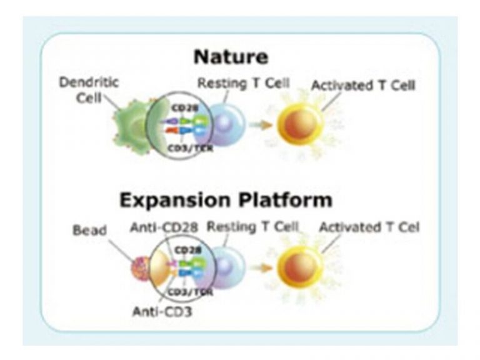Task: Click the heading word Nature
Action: [231, 57]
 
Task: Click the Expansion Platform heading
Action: [226, 201]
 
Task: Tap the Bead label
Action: [89, 230]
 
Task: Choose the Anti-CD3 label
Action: [162, 311]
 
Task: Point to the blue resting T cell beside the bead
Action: [229, 267]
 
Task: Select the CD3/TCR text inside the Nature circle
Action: [186, 147]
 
